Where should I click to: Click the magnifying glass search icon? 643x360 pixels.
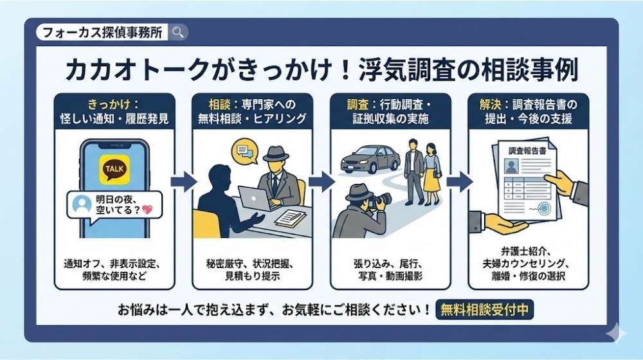tap(178, 32)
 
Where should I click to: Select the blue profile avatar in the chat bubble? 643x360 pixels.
tap(81, 204)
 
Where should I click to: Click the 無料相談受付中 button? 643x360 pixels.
tap(484, 309)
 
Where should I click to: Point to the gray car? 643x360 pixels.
tap(370, 158)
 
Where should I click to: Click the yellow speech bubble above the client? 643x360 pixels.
tap(244, 152)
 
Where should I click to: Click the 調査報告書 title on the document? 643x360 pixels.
tap(524, 150)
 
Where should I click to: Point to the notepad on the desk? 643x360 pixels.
tap(291, 219)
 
